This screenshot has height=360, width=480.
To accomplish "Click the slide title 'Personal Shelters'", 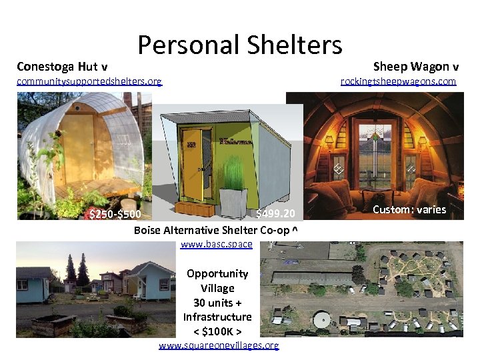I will point(240,45).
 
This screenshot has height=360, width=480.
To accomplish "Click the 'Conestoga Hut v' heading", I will point(63,66).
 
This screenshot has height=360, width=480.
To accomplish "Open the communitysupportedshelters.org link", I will point(89,81).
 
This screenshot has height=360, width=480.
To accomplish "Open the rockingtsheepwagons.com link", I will point(398,81).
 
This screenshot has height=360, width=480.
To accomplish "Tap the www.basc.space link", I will point(217,244).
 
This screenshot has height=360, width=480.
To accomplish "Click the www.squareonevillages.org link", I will point(219,345).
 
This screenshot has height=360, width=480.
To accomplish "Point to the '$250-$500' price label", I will point(115,215).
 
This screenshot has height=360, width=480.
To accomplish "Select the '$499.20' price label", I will point(280,214).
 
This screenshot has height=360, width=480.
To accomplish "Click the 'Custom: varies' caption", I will point(409,210).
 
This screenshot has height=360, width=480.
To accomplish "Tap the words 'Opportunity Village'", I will point(217,281).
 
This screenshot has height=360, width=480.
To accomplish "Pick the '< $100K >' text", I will point(217,331).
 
